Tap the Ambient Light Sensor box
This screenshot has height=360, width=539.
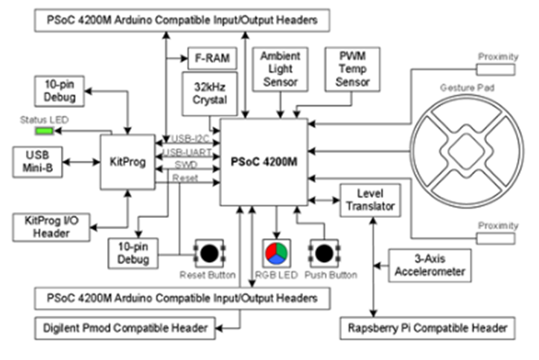tap(279, 69)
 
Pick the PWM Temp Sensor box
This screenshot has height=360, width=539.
tap(351, 69)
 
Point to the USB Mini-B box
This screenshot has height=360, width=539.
tap(39, 161)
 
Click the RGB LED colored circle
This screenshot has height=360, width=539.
tap(275, 253)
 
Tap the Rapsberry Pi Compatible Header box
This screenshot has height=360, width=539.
tap(427, 327)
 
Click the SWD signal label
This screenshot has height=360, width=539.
tap(186, 164)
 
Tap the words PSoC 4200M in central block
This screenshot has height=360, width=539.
tap(264, 159)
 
